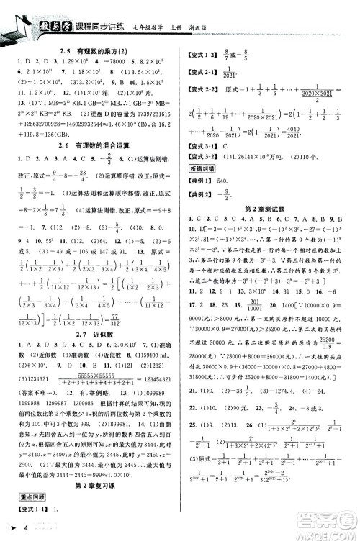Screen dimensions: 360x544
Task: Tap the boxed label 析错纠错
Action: [x=202, y=168]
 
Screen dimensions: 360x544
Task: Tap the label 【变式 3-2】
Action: [x=202, y=156]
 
